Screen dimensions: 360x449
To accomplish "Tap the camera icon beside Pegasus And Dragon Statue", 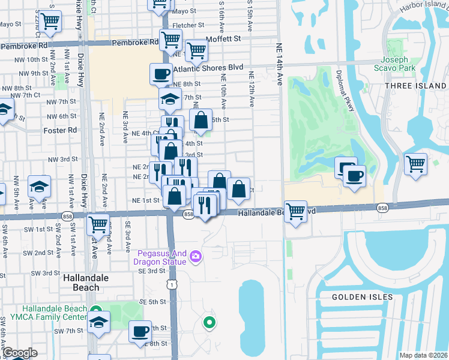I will click(195, 257).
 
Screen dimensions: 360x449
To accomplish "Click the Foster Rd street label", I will click(60, 130).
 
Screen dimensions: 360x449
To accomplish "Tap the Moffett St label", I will click(223, 38).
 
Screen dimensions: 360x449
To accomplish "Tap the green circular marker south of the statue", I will click(209, 323).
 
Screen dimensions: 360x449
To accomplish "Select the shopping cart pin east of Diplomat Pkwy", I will click(415, 164).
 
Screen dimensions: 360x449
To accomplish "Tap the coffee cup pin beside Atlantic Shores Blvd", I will click(161, 74).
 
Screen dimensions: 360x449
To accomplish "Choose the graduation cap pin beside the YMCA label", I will click(98, 322).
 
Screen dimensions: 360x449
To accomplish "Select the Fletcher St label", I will click(188, 25).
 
